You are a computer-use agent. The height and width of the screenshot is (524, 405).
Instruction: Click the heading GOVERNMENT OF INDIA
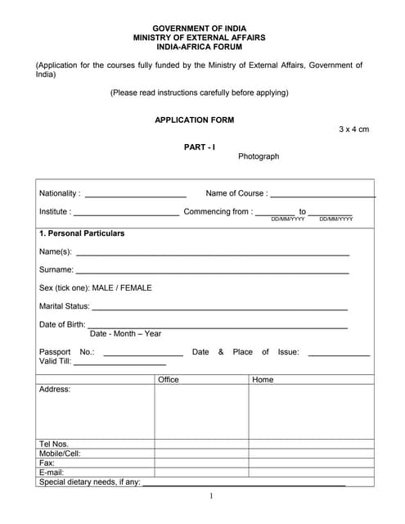click(x=199, y=28)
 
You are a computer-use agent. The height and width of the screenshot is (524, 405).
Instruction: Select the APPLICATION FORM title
click(x=194, y=120)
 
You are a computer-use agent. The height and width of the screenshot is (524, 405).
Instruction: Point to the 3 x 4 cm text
click(x=353, y=129)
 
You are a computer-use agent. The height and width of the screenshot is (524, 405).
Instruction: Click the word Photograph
click(x=259, y=156)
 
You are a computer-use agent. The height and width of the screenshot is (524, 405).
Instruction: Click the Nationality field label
click(x=60, y=193)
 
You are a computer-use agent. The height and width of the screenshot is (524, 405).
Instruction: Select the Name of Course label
click(x=236, y=193)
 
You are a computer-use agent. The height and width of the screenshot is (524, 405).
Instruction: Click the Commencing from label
click(x=217, y=211)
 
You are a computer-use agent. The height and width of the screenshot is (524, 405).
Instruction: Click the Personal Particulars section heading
click(x=82, y=233)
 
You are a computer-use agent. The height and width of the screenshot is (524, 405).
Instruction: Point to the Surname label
click(x=56, y=269)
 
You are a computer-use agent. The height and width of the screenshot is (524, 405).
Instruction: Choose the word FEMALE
click(x=136, y=287)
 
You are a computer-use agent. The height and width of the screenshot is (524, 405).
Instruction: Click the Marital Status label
click(x=64, y=306)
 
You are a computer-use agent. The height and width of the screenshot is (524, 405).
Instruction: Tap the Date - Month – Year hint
click(x=125, y=333)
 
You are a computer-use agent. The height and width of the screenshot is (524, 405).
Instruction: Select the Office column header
click(x=168, y=380)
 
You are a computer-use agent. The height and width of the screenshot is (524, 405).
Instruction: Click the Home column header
click(x=263, y=380)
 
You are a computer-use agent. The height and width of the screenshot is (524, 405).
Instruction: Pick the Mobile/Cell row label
click(x=60, y=453)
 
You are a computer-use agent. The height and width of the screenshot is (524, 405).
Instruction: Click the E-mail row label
click(x=51, y=472)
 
